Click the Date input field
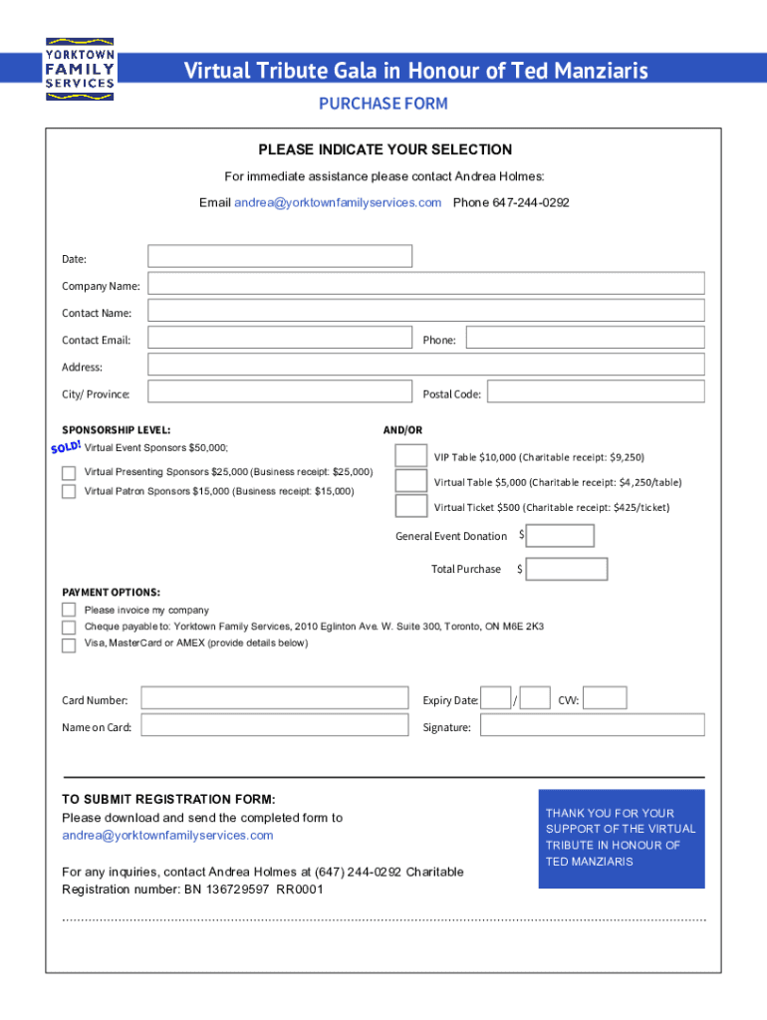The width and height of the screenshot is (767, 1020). [280, 256]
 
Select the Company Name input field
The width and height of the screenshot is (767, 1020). [426, 284]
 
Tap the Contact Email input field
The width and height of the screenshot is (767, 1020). [280, 338]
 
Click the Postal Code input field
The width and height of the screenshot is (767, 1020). [595, 391]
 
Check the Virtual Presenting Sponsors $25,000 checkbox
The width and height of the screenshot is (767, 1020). [69, 472]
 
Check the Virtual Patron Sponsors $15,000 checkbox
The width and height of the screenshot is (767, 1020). [69, 491]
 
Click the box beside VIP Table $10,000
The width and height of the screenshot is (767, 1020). [411, 455]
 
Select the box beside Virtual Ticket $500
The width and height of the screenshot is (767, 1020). [411, 505]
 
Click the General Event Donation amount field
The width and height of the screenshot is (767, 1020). [560, 536]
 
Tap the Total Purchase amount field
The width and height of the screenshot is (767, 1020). [567, 569]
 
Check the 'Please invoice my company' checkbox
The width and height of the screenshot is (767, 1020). [69, 610]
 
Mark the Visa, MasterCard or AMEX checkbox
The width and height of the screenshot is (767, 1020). [69, 644]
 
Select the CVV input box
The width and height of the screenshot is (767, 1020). [605, 698]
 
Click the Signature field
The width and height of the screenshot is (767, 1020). [592, 725]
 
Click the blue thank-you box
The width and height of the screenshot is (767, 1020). [622, 838]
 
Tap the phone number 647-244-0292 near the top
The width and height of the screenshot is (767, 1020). [511, 203]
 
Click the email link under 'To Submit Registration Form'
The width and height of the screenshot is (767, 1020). [167, 835]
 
